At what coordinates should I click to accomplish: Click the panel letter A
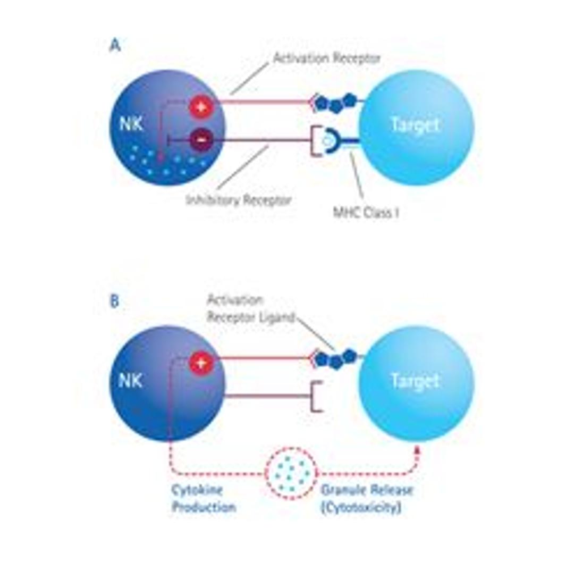point(115,46)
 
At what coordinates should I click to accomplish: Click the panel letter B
point(114,301)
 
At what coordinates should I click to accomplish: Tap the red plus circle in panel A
point(201,107)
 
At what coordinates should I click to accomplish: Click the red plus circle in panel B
point(201,363)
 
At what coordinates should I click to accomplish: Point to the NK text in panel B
point(130,381)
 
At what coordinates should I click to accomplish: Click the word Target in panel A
point(415,125)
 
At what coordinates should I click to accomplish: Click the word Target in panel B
point(415,381)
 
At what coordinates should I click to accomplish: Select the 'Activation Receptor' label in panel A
point(326,58)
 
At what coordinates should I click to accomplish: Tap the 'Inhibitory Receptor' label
point(239,200)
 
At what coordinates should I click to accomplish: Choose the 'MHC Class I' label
point(366,213)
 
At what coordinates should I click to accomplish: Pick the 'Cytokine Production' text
point(203,498)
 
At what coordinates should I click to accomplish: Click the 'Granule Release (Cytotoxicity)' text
point(366,498)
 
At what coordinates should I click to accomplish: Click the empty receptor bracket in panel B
point(316,396)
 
